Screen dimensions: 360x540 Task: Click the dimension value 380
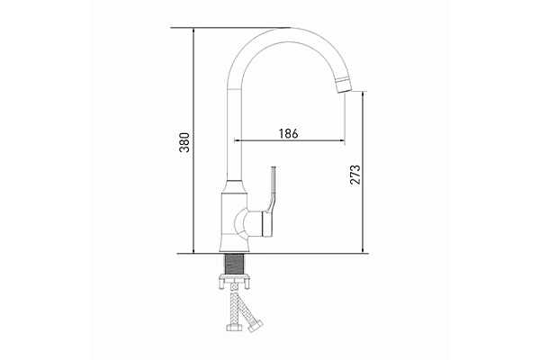click(x=184, y=141)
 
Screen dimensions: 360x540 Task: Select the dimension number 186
click(x=288, y=133)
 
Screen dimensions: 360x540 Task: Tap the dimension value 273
click(x=355, y=173)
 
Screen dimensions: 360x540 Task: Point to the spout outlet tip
click(x=343, y=86)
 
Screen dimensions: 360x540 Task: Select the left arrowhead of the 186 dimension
click(x=238, y=141)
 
